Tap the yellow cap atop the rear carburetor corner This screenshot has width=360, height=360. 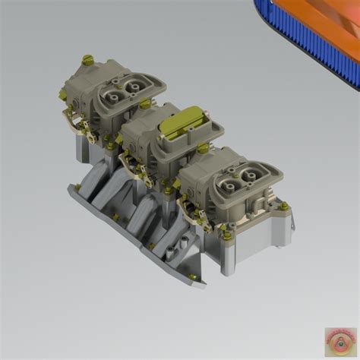87,58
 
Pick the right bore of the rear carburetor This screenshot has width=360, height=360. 135,81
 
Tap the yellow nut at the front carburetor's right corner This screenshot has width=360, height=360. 283,205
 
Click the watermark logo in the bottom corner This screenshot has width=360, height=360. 341,342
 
